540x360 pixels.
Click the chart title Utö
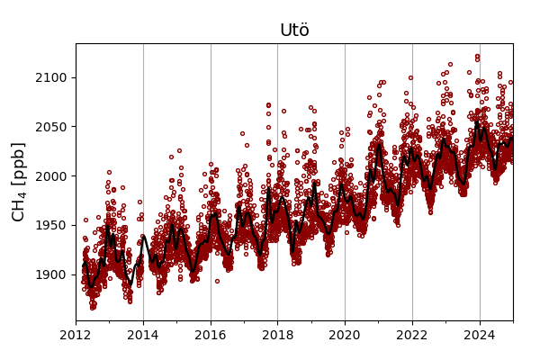(294, 31)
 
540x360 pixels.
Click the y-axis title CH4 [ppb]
(19, 182)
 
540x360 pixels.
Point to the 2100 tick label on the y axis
(50, 78)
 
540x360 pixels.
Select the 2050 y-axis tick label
(50, 127)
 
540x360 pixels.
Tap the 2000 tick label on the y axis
(50, 176)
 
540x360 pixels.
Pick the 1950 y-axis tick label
(50, 225)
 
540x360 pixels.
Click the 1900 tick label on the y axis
(50, 274)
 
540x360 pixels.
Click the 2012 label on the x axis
(76, 336)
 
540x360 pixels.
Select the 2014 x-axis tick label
(143, 336)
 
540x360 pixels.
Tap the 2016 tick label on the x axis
(211, 336)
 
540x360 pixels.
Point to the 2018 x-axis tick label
(277, 336)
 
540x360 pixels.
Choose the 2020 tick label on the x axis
(345, 336)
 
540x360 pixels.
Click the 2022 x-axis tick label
(412, 336)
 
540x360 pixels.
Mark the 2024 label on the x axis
(479, 336)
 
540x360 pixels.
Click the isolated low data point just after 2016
(217, 281)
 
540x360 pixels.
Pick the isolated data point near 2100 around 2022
(410, 77)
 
